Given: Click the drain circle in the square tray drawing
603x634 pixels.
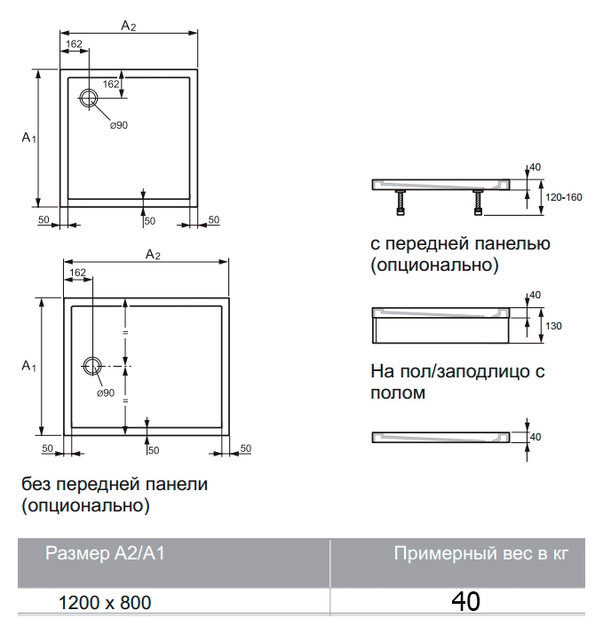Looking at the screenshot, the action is [x=89, y=91].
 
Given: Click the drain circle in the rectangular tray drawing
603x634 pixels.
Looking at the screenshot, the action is [x=92, y=358].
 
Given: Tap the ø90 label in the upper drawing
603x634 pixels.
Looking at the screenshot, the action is [x=119, y=125].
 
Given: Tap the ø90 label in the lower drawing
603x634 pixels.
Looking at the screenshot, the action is [x=106, y=393].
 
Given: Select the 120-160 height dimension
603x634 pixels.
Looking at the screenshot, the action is [x=563, y=197].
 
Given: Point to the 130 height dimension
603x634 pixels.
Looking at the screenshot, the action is [x=553, y=326].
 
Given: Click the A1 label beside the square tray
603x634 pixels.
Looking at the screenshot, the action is [x=28, y=138].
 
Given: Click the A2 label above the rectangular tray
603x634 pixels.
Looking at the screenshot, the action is [x=153, y=254].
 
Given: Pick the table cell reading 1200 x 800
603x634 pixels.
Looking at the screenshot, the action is [x=105, y=602].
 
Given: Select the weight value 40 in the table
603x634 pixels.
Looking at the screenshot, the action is [x=466, y=601].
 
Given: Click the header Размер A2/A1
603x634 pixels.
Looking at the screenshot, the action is [x=105, y=553].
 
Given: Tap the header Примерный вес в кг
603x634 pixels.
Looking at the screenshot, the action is [x=481, y=553].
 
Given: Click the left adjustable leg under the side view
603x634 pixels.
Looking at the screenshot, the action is [x=401, y=202].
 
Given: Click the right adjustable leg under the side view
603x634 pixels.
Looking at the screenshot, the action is [x=478, y=202].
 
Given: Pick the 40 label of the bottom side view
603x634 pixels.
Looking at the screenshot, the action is [x=536, y=437].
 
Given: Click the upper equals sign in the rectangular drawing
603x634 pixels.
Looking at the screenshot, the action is [x=125, y=332].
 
